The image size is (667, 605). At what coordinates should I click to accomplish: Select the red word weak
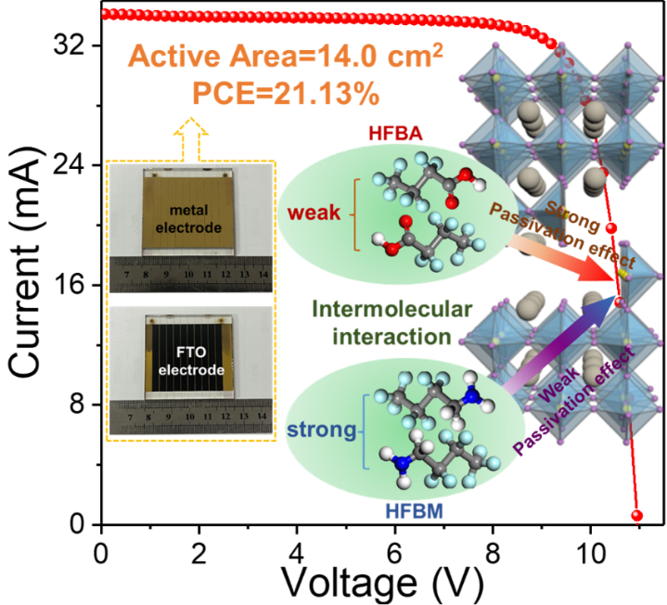314,214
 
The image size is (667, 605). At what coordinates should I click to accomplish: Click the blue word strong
322,430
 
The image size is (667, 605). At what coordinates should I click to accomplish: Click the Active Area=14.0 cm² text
285,57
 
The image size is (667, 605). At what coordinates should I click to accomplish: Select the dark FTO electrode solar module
190,357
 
